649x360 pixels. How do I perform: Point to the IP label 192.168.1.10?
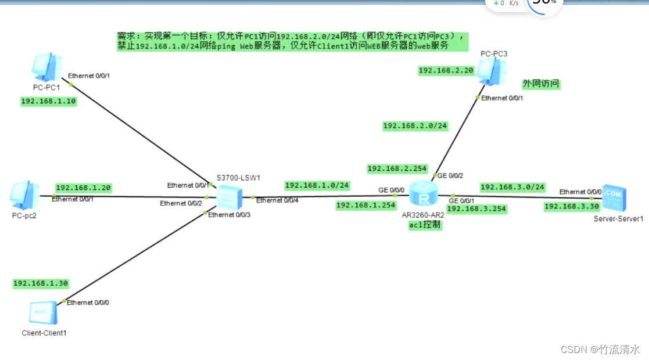(49, 101)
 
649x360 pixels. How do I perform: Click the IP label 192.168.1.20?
(83, 188)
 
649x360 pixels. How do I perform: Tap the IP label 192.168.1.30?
(41, 283)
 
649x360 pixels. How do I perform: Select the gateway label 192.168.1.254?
(365, 205)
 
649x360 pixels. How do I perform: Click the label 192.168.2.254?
(397, 169)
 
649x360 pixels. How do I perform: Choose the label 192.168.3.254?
(476, 208)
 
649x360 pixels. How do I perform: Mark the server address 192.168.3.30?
(571, 206)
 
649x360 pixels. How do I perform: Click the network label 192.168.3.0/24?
(512, 187)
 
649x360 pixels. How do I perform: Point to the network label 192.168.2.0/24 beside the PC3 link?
(415, 125)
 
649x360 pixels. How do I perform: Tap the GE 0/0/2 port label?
(450, 175)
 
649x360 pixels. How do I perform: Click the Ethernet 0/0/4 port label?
(277, 200)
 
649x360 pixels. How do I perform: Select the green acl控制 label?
(425, 225)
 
